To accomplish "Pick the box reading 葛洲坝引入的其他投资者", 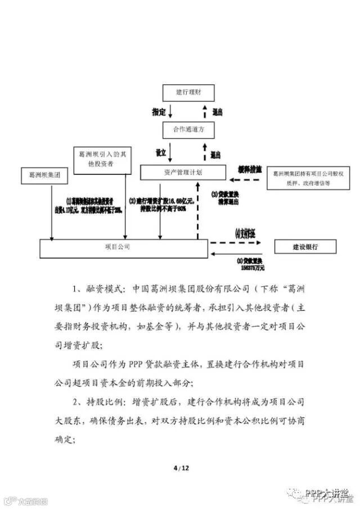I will (102, 157).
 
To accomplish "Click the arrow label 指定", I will (159, 111).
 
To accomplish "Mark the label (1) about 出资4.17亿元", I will (91, 204).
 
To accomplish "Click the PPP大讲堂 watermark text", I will (327, 493).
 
